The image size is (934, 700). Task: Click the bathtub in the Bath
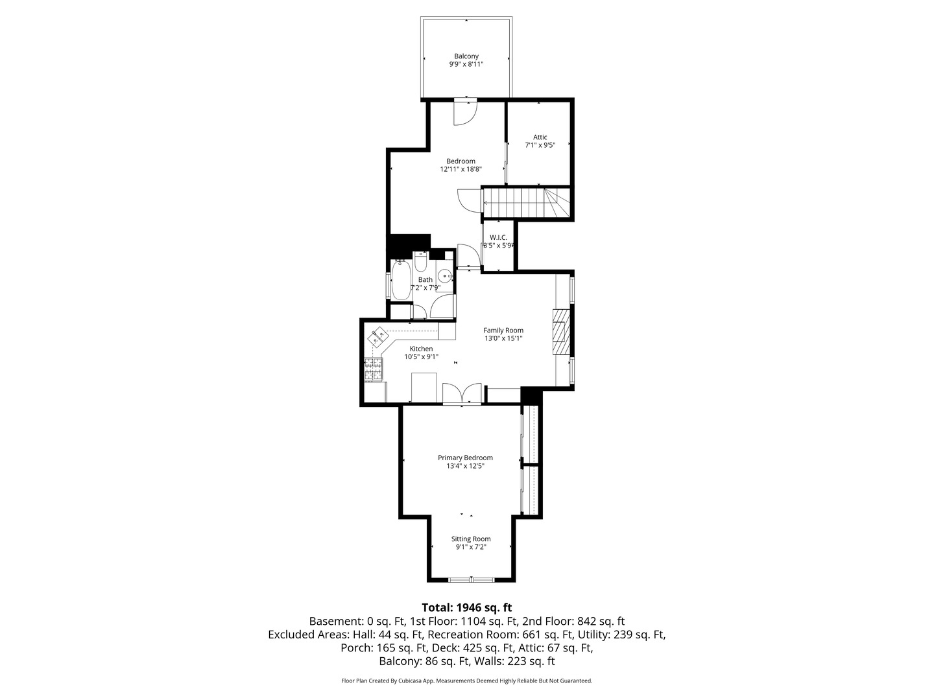click(401, 281)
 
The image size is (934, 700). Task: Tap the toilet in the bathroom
click(420, 261)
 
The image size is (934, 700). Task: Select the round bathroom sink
click(446, 276)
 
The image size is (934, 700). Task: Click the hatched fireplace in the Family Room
click(561, 332)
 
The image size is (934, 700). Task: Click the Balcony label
click(466, 56)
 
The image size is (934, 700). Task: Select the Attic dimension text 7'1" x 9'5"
click(540, 145)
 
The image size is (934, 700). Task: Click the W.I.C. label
click(498, 237)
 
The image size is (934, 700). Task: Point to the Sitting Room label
click(471, 539)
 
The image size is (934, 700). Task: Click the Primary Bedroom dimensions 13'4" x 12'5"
click(465, 466)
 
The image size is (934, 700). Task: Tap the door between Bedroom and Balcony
click(464, 111)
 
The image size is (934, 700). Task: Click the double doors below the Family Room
click(462, 393)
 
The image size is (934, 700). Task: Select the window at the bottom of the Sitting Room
click(472, 579)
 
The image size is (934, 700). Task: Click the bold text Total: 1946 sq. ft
click(467, 607)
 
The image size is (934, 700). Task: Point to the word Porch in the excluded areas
click(357, 648)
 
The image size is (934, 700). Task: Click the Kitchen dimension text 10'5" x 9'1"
click(421, 357)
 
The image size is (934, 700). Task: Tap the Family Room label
click(503, 331)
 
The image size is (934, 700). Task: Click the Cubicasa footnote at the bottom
click(467, 681)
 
